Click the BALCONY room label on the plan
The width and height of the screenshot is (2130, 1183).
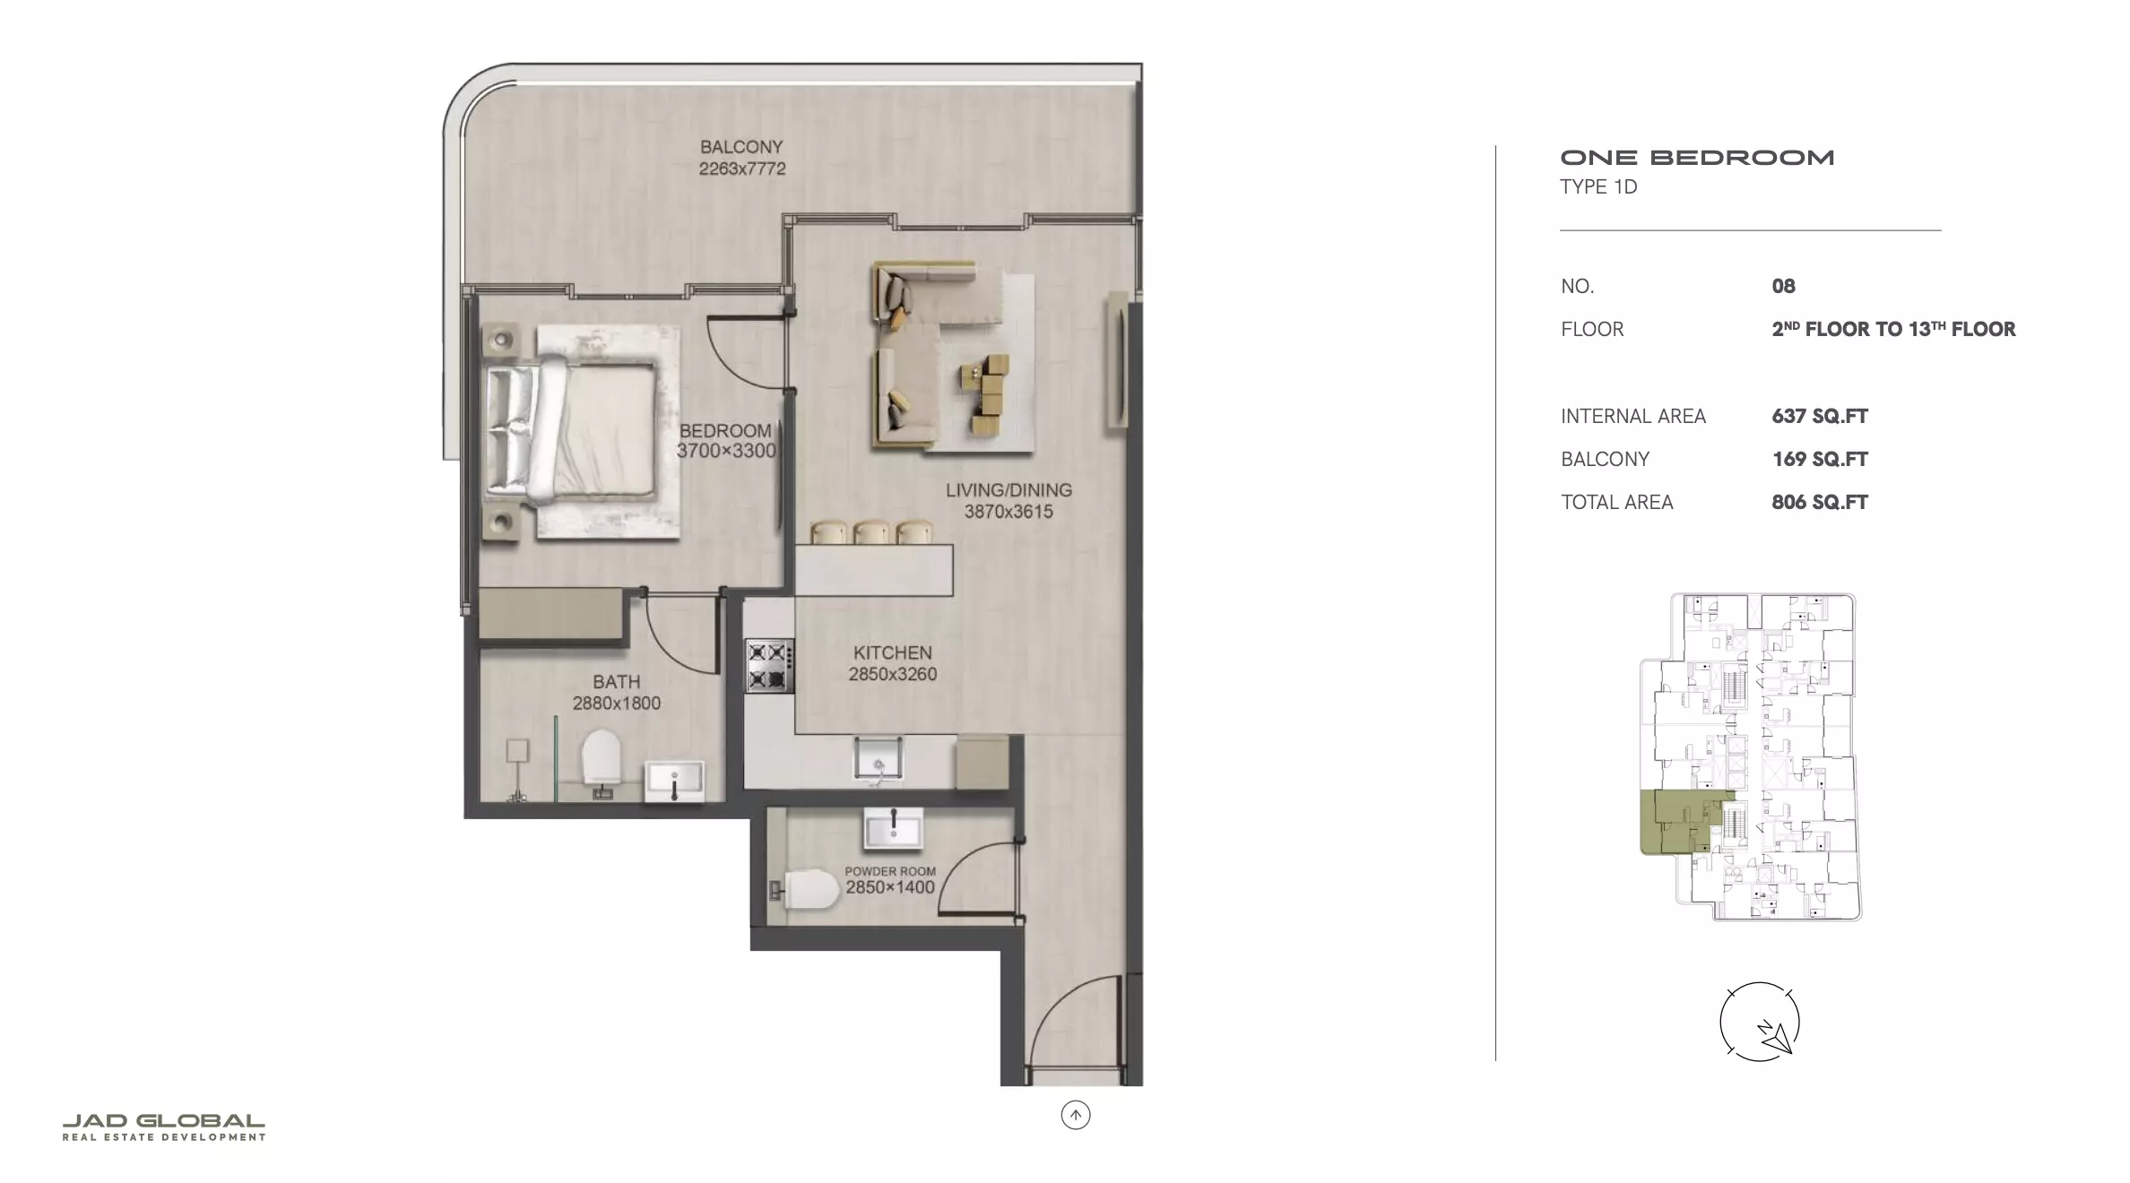(741, 146)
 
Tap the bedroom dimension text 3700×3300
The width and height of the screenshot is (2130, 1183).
(726, 451)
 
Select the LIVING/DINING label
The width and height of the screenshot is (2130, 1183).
(1009, 490)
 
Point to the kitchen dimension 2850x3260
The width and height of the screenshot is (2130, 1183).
(893, 674)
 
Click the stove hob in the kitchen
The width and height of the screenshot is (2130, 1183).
(770, 666)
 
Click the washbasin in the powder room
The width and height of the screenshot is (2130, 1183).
(893, 828)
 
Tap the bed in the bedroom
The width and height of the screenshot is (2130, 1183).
(571, 429)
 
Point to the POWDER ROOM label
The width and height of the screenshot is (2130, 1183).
(890, 871)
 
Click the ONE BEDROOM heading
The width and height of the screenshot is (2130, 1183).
(1697, 158)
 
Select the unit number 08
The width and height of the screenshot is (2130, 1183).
(1783, 286)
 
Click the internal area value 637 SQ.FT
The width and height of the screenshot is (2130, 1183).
(1820, 416)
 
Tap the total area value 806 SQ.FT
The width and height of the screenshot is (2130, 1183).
(1820, 502)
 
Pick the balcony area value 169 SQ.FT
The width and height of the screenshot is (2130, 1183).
(1820, 459)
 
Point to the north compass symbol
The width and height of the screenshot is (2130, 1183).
(1759, 1023)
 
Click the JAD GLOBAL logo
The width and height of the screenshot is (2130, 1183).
(164, 1127)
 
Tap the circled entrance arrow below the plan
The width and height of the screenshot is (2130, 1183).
(1076, 1115)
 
